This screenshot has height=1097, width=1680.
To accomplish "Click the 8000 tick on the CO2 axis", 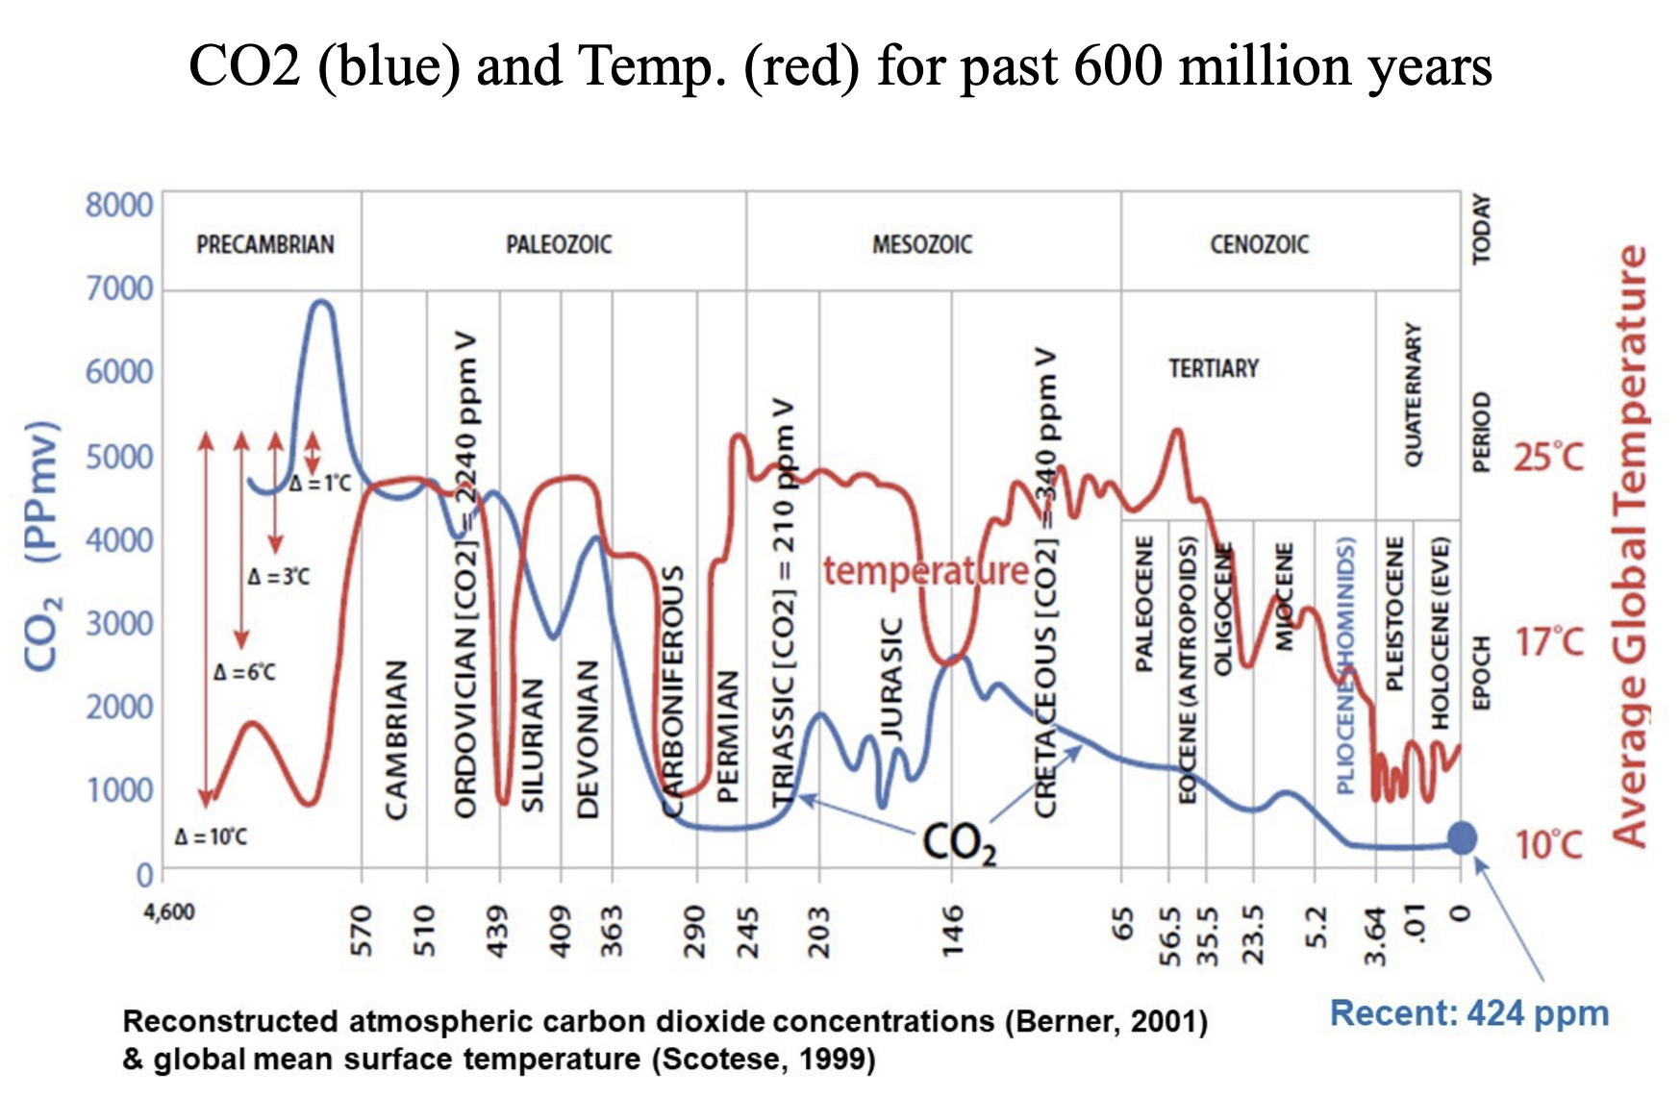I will [x=119, y=205].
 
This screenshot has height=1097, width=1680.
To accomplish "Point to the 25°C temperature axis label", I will [x=1548, y=457].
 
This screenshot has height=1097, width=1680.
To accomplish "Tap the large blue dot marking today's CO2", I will [x=1462, y=837].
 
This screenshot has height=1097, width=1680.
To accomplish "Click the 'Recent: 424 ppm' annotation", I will [x=1468, y=1013].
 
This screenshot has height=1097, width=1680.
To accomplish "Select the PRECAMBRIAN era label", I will [x=265, y=244].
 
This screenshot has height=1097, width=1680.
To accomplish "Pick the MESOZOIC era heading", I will [x=922, y=244].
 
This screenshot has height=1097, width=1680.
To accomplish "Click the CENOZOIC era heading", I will [x=1259, y=244].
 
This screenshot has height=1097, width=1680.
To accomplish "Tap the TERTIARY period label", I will [x=1214, y=368].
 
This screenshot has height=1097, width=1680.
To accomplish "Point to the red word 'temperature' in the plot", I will [x=926, y=571].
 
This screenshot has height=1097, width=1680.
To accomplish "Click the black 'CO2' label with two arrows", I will [x=959, y=843].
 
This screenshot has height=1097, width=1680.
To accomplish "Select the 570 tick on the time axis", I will [x=362, y=930].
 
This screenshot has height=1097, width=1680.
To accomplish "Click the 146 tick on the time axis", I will [x=952, y=930].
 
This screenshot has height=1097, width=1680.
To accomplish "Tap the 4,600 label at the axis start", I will [x=169, y=910].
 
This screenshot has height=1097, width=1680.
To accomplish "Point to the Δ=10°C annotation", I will [x=211, y=836].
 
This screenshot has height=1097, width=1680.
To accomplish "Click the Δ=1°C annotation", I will [x=320, y=483].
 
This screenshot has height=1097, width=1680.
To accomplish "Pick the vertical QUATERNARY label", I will [x=1413, y=394].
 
